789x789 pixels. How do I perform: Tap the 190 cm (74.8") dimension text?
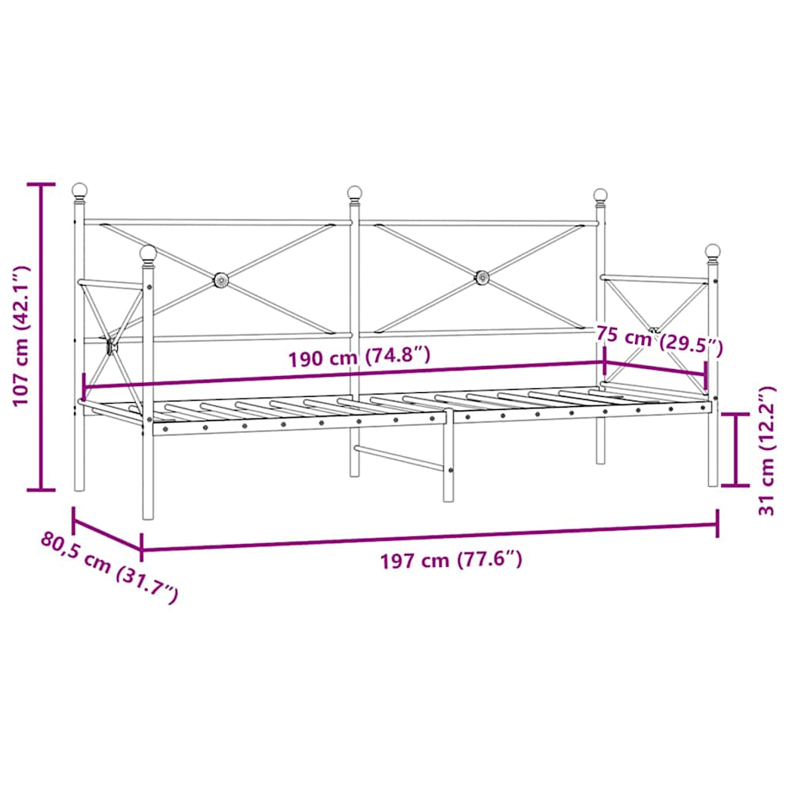point(358,358)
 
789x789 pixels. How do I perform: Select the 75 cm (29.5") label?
point(660,340)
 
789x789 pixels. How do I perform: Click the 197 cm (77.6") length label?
point(452,559)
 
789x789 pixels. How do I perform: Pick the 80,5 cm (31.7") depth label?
point(109,567)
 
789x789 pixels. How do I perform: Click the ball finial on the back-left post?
point(79,190)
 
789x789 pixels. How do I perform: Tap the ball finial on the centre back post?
point(354,192)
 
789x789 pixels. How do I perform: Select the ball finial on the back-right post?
point(600,195)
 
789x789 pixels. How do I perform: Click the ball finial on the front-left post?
point(148,252)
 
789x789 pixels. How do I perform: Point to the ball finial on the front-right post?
point(713,251)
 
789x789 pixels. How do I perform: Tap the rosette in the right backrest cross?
point(482,276)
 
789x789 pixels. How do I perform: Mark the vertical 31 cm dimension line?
point(738,449)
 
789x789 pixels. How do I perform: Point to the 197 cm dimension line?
point(429,537)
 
